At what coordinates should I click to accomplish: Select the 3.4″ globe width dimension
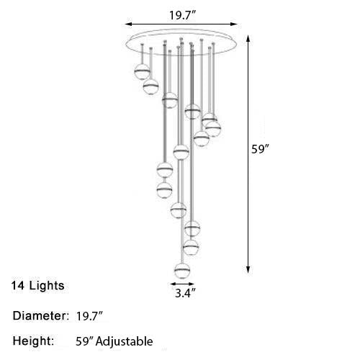pos(184,294)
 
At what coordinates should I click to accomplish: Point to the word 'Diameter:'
pos(40,316)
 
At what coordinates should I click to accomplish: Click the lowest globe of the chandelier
pos(184,271)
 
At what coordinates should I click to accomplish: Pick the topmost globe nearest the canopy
pos(142,71)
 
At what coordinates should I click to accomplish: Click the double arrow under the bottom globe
pos(184,284)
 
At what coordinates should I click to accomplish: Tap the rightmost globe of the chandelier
pos(212,128)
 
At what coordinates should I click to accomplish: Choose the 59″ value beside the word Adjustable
pos(84,341)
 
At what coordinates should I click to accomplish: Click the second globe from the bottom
pos(191,248)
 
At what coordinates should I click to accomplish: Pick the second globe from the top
pos(151,86)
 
